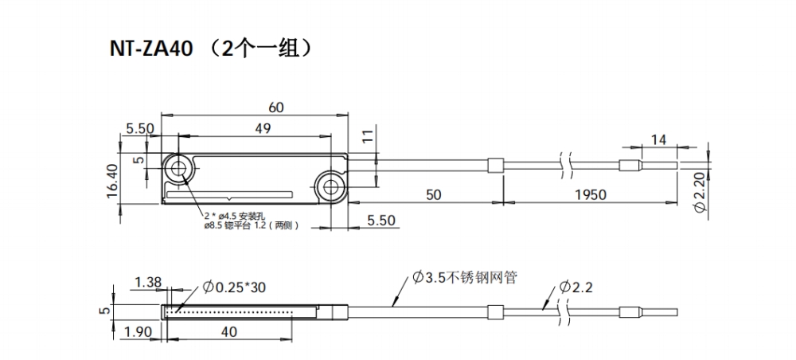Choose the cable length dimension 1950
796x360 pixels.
point(590,194)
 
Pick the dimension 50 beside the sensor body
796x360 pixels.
point(433,194)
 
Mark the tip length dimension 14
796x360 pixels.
point(658,139)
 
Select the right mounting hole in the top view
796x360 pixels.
point(328,187)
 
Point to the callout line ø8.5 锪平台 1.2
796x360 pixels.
point(251,225)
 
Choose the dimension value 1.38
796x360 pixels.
point(150,282)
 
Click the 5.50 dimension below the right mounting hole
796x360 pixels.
point(380,221)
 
